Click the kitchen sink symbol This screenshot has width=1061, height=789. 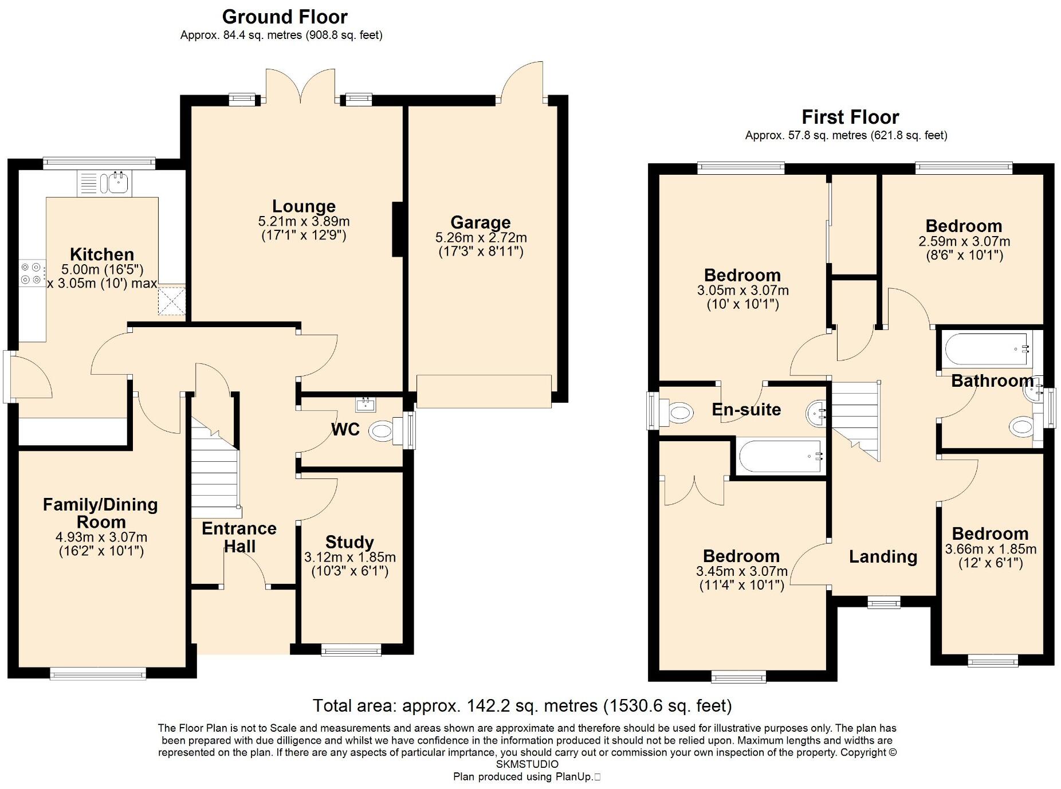105,183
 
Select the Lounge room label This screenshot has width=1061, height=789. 304,206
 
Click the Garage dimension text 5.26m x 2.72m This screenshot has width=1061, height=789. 481,237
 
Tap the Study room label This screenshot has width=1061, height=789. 349,542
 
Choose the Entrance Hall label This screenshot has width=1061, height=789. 239,537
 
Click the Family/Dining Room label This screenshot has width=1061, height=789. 100,513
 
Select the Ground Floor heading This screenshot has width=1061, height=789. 285,17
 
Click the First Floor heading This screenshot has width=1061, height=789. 850,117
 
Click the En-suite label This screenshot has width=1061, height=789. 746,409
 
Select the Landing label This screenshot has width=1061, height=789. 883,556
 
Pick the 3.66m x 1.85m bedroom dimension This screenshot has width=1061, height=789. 991,549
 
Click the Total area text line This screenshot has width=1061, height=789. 522,705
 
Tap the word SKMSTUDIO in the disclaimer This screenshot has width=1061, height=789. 527,764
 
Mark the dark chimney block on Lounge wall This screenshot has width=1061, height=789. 398,229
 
